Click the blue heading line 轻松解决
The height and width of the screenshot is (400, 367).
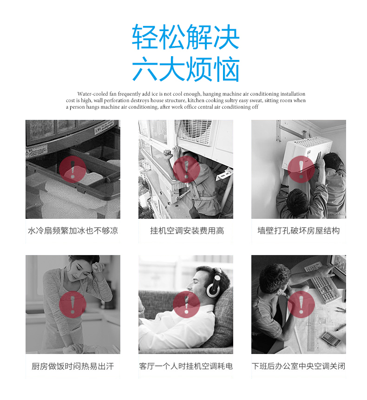[x=186, y=37]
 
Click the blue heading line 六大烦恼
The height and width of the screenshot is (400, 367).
[x=186, y=69]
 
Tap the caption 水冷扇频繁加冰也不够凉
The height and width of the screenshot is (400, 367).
[x=73, y=230]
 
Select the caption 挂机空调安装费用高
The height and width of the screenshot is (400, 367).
[x=187, y=230]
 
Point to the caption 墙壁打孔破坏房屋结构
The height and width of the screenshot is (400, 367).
[x=298, y=230]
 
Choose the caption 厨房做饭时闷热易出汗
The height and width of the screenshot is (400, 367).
[x=72, y=366]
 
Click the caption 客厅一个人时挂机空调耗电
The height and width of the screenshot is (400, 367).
[x=186, y=366]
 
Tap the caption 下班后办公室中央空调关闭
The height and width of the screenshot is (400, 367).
[x=298, y=366]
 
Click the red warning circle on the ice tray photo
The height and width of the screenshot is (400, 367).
[x=72, y=169]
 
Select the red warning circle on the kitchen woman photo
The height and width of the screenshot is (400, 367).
[x=72, y=305]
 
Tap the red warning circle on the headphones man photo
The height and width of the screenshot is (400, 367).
[x=186, y=305]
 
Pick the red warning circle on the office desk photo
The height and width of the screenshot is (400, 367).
[x=301, y=305]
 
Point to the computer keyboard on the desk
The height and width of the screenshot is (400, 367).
[x=322, y=283]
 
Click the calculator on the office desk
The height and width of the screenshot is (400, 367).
[x=331, y=339]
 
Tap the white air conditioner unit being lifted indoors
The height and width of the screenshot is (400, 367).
[x=307, y=153]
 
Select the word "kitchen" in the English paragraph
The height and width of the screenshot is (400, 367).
[x=196, y=100]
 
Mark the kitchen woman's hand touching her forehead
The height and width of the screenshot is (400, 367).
[x=98, y=268]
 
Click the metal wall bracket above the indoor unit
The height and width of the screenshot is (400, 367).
[x=291, y=131]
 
